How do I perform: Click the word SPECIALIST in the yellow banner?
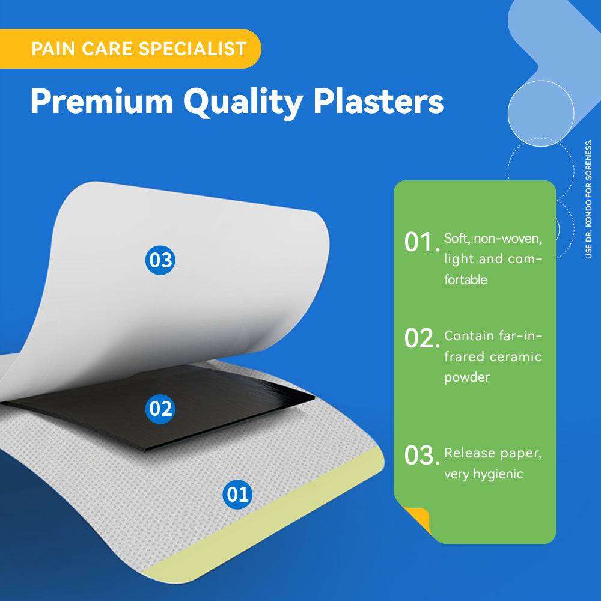click(192, 49)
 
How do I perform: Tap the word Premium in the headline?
click(102, 101)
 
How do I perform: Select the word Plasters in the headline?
click(379, 101)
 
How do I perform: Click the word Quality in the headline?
click(243, 103)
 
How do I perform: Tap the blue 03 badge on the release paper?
click(160, 260)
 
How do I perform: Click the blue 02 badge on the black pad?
click(160, 409)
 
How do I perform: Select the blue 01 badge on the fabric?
click(237, 495)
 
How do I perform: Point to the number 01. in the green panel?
click(422, 243)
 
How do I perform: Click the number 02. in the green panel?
click(422, 338)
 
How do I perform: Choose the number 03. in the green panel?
click(422, 456)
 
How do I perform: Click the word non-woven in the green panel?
click(507, 239)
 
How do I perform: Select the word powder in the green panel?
click(467, 378)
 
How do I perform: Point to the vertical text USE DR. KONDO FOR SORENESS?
click(589, 199)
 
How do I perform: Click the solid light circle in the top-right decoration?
click(541, 114)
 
